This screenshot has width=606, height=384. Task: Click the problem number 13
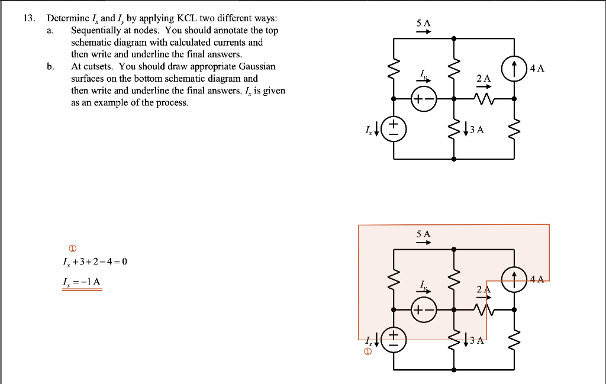point(27,18)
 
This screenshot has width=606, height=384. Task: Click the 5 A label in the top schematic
point(423,22)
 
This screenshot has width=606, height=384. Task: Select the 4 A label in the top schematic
point(537,68)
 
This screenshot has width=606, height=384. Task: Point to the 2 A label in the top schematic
point(483,78)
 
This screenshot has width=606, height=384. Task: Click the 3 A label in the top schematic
point(478,130)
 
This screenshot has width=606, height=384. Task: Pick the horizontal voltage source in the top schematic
point(423,99)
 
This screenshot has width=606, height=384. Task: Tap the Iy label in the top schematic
point(423,73)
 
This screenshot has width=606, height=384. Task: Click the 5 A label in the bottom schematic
point(423,234)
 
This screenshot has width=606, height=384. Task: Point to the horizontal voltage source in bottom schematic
point(423,310)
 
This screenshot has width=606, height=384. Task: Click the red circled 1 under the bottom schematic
point(368,353)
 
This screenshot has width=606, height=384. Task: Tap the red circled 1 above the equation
point(73,248)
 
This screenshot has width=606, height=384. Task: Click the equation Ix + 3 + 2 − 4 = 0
point(95,262)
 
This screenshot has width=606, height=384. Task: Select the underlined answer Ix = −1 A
point(82,282)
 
